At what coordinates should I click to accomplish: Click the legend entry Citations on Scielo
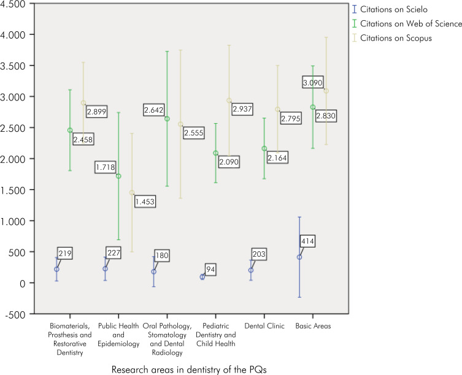(390, 9)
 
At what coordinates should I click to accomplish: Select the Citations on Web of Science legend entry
(407, 23)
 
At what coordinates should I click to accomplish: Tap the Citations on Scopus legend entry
(392, 38)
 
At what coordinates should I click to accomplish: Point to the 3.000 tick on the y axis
(13, 97)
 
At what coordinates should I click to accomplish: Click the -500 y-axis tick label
(15, 314)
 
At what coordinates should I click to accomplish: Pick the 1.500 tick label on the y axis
(13, 190)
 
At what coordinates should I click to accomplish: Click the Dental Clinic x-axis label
(264, 326)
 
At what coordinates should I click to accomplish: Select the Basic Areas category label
(313, 326)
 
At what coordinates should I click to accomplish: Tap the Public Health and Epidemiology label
(118, 335)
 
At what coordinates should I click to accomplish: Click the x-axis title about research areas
(189, 369)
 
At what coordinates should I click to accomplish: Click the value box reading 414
(307, 241)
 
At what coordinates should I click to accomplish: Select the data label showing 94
(210, 270)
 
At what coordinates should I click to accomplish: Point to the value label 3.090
(313, 83)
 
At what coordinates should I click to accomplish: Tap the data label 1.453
(145, 202)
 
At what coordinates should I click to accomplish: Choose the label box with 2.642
(153, 110)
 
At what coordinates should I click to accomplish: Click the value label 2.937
(242, 109)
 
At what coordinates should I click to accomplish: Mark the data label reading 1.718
(105, 167)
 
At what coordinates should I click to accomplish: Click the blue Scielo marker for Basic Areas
(299, 257)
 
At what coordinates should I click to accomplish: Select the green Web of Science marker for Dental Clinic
(264, 149)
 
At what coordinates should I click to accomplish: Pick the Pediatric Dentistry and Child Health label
(216, 335)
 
